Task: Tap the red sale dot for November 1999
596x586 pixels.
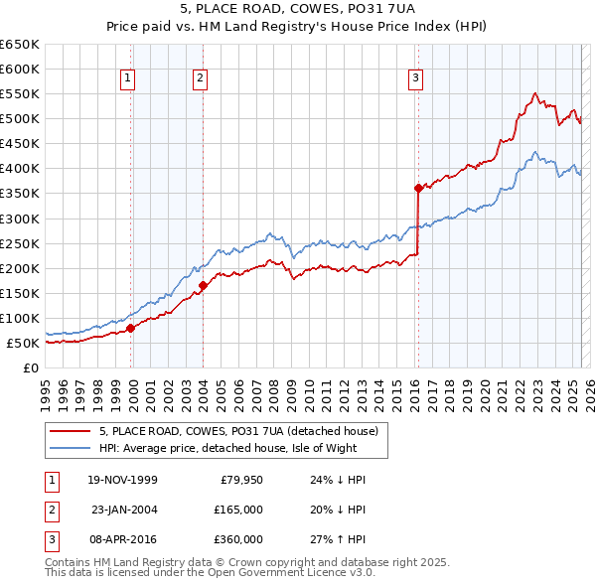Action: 131,327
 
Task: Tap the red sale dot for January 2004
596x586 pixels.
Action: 203,285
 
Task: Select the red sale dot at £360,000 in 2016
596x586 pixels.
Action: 418,188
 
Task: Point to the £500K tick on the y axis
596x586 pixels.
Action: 20,118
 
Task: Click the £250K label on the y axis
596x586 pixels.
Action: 20,243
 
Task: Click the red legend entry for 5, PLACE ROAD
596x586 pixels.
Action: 238,431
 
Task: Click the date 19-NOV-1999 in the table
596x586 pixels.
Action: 122,480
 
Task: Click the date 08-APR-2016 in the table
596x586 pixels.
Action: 122,539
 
